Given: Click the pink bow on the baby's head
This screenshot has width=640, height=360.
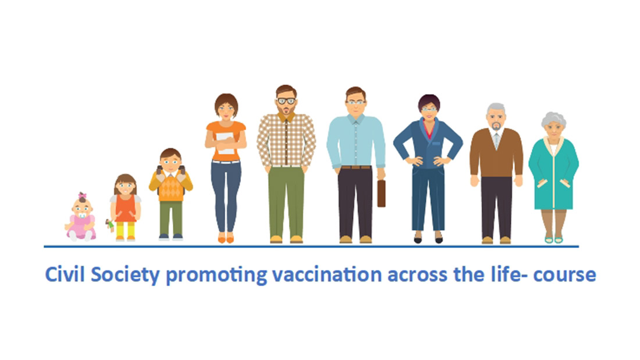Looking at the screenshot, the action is [83, 195].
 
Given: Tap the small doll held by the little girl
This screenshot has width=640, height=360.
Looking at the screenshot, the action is [109, 225].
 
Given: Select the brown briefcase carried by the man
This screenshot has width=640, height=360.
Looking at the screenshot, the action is [381, 193].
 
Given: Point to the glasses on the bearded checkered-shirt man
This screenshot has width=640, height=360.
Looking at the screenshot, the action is [286, 101].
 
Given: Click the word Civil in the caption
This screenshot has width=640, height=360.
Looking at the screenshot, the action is [65, 275].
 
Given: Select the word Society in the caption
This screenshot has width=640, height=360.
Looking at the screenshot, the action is [125, 275].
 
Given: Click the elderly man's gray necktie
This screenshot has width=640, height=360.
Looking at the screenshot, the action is [496, 140].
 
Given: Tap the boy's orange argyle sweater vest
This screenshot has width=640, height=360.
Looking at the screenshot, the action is [171, 187].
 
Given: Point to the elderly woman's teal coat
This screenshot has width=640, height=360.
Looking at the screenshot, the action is [554, 173].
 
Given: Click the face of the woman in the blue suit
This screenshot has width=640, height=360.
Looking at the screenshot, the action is [429, 109].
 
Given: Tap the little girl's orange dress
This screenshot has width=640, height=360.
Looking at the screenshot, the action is [125, 208].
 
